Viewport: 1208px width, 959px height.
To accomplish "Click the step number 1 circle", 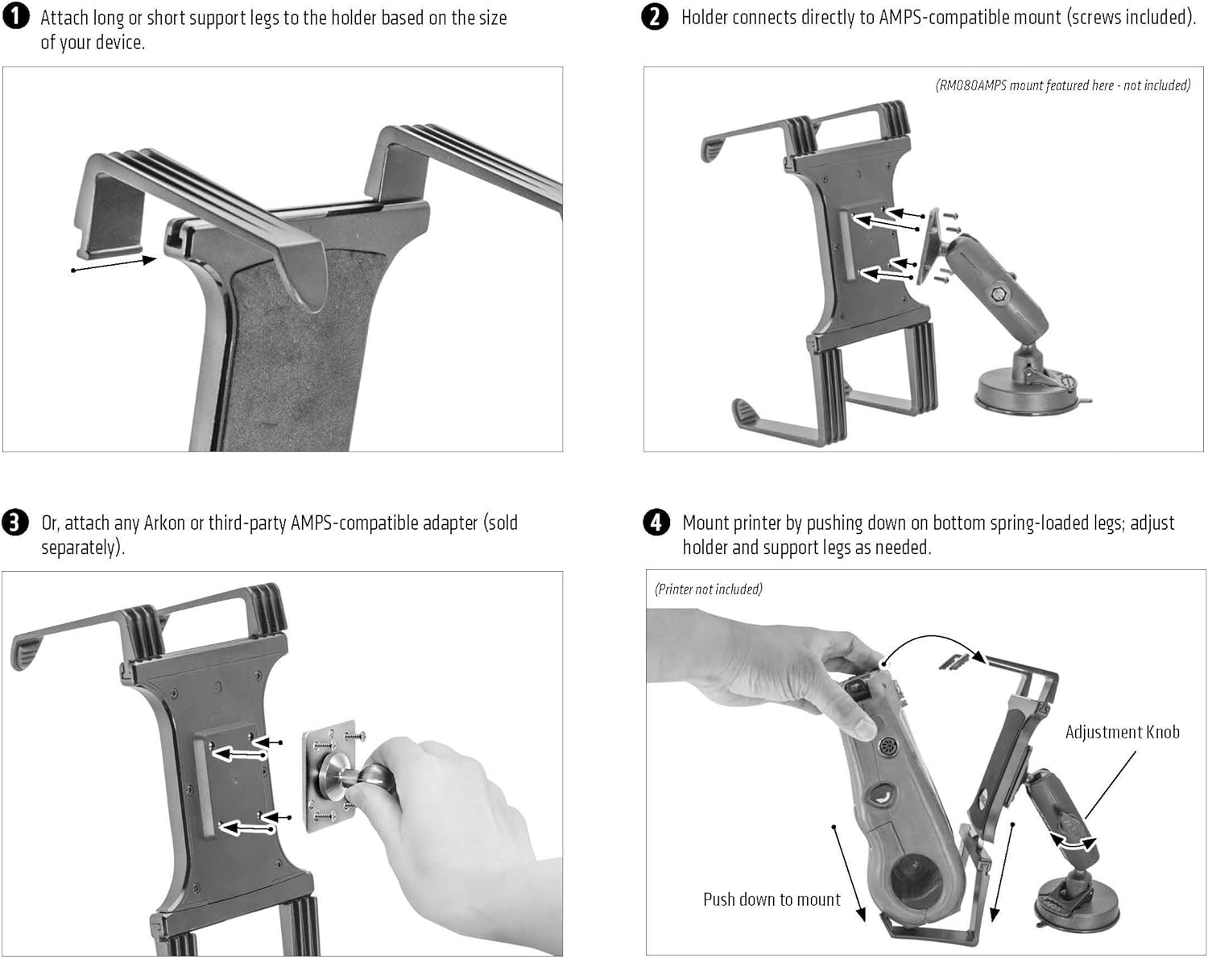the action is [x=16, y=18].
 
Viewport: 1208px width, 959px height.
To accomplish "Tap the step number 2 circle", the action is [x=655, y=17].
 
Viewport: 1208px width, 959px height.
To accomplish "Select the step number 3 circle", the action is [x=15, y=523].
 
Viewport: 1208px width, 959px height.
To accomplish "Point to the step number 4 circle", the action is [x=656, y=523].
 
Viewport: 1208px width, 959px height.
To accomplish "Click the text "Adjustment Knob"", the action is [x=1122, y=732].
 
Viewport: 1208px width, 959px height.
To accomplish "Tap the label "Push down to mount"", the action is [x=772, y=899].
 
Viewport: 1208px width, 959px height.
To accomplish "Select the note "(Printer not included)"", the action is [x=709, y=589].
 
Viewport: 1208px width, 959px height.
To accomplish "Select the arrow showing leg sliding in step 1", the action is [x=114, y=264].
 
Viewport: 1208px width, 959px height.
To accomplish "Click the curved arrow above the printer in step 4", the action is [x=934, y=649].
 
